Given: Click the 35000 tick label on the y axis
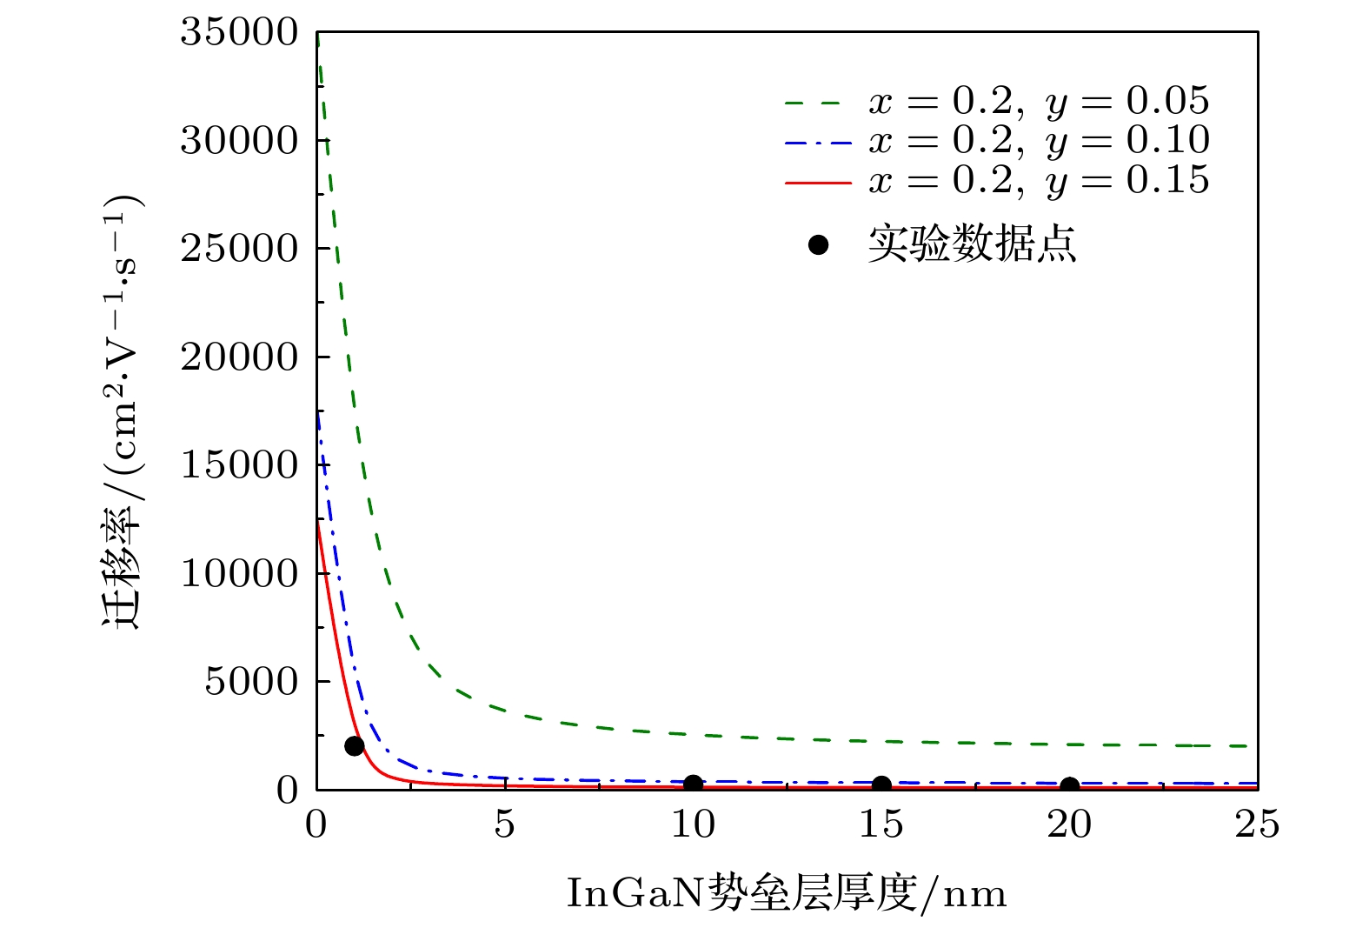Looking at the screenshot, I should pyautogui.click(x=239, y=33).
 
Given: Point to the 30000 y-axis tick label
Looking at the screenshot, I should pyautogui.click(x=239, y=141).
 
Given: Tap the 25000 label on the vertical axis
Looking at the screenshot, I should pyautogui.click(x=239, y=249).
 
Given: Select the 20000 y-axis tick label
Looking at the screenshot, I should pyautogui.click(x=239, y=357).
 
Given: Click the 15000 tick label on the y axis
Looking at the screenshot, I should pyautogui.click(x=239, y=465).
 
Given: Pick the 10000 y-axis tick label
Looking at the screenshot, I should pyautogui.click(x=239, y=574).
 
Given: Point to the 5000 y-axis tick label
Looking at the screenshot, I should pyautogui.click(x=251, y=682).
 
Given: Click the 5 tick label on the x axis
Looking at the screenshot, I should pyautogui.click(x=505, y=825).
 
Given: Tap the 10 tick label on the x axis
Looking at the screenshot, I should pyautogui.click(x=693, y=825).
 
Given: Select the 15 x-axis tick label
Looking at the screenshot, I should pyautogui.click(x=881, y=825).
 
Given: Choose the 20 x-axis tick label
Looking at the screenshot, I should pyautogui.click(x=1069, y=825).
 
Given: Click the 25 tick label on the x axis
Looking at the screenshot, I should pyautogui.click(x=1258, y=825).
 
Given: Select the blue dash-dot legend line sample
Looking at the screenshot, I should pyautogui.click(x=817, y=142).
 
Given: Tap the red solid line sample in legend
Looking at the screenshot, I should pyautogui.click(x=817, y=182).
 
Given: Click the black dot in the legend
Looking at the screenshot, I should pyautogui.click(x=818, y=245).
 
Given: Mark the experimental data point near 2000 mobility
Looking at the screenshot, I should pyautogui.click(x=354, y=746).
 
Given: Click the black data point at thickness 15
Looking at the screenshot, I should pyautogui.click(x=881, y=785).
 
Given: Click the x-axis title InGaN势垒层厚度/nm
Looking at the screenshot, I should pyautogui.click(x=787, y=893).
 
